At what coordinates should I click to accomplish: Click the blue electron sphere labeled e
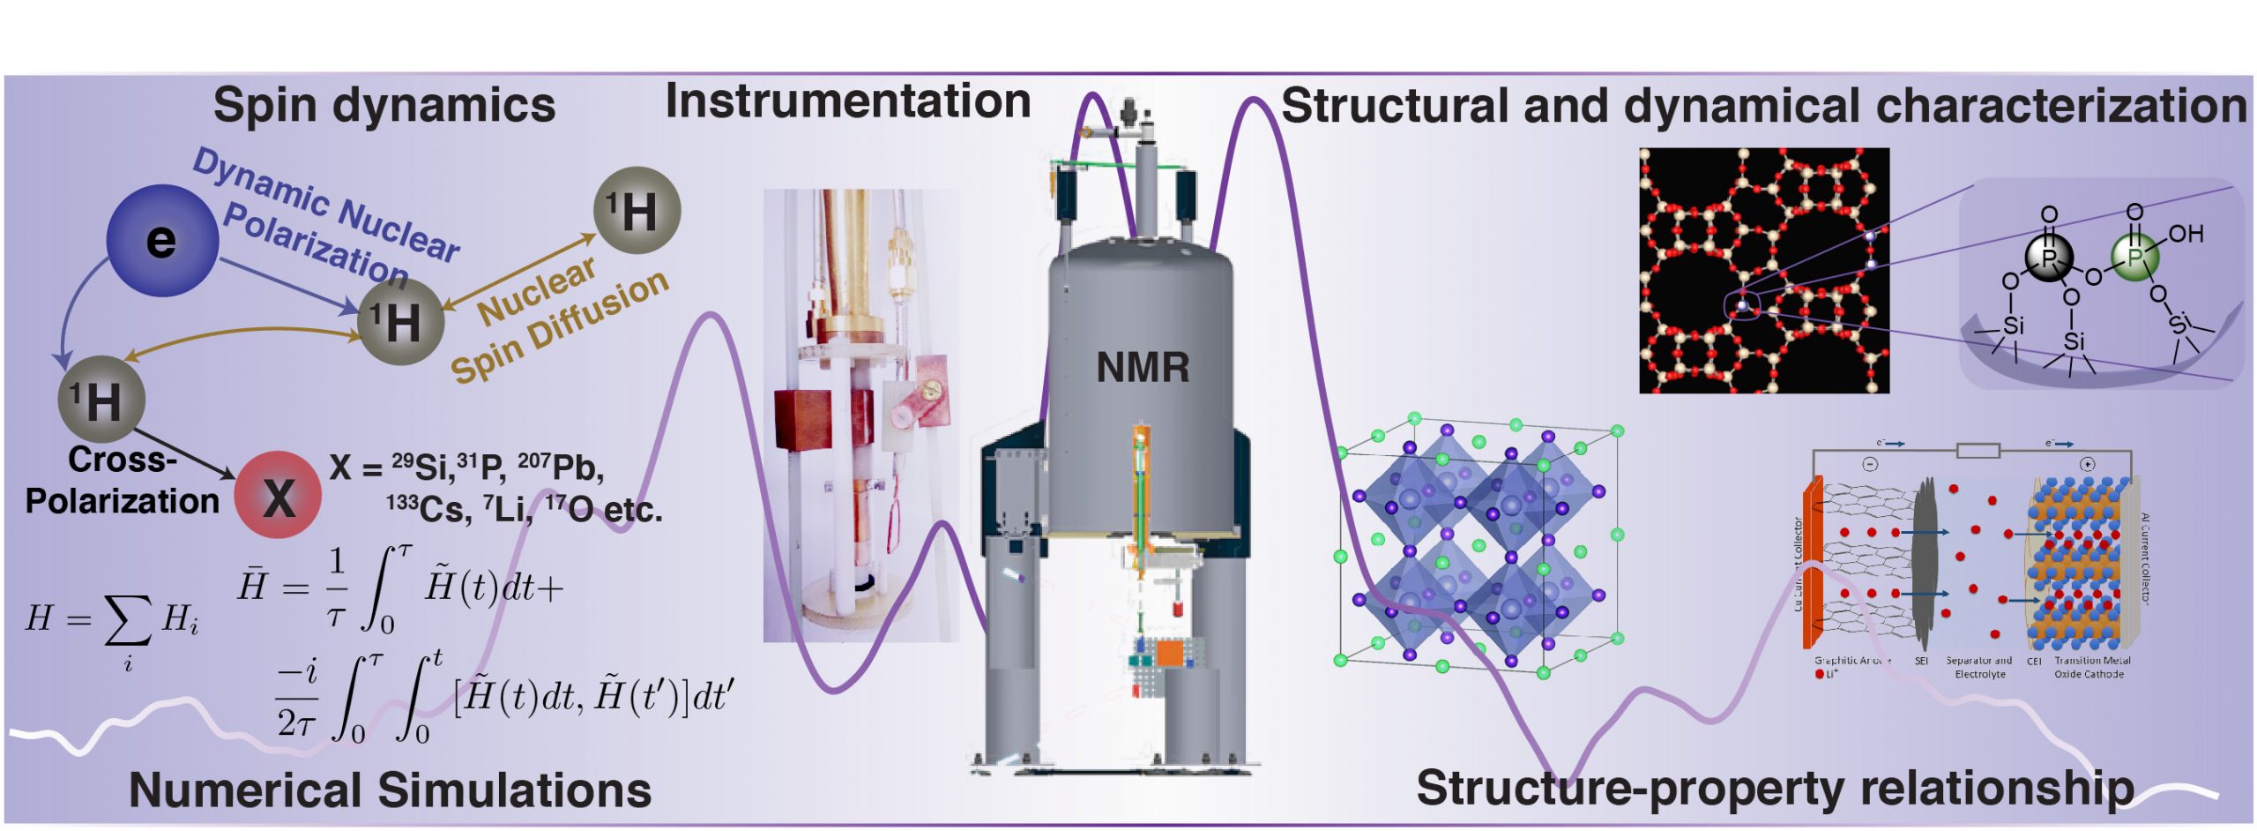coord(162,240)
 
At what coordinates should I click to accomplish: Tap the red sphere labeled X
coord(278,496)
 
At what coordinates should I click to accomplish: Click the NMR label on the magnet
coord(1142,367)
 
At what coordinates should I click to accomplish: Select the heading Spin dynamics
coord(384,105)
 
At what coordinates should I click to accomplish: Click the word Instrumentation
coord(847,101)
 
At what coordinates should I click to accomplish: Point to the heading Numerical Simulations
coord(390,790)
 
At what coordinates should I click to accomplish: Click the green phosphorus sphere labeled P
coord(2134,258)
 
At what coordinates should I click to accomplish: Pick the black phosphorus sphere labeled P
coord(2049,258)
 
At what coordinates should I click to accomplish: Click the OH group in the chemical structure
coord(2186,234)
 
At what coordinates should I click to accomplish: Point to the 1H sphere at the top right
coord(637,210)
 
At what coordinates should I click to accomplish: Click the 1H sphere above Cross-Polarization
coord(101,400)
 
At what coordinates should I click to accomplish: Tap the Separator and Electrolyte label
coord(1979,667)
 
